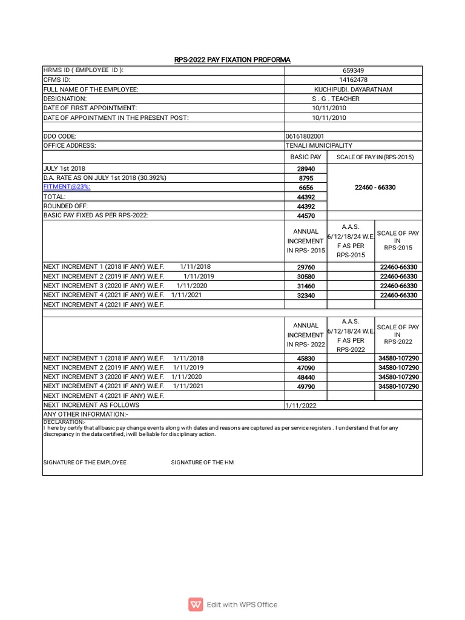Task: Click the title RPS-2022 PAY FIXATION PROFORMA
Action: click(x=232, y=59)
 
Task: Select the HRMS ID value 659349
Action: click(x=354, y=70)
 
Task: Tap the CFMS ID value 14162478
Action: click(x=354, y=80)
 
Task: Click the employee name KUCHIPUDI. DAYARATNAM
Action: click(x=354, y=89)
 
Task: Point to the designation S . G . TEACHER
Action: click(x=335, y=99)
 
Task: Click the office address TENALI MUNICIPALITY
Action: click(x=318, y=145)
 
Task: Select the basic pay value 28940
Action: click(x=306, y=169)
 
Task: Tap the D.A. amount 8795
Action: click(x=306, y=178)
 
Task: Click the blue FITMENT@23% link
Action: click(x=67, y=187)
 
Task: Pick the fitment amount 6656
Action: click(x=306, y=188)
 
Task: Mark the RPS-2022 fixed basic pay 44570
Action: click(x=306, y=216)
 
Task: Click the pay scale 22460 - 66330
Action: click(x=375, y=188)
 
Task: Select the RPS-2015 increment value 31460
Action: click(x=306, y=286)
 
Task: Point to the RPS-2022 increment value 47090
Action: click(x=306, y=368)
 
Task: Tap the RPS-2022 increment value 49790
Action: click(x=306, y=386)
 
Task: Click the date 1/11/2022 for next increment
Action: click(x=301, y=405)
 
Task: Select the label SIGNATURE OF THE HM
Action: click(x=202, y=462)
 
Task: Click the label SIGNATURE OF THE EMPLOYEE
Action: click(x=85, y=462)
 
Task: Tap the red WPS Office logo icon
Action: click(x=196, y=604)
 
